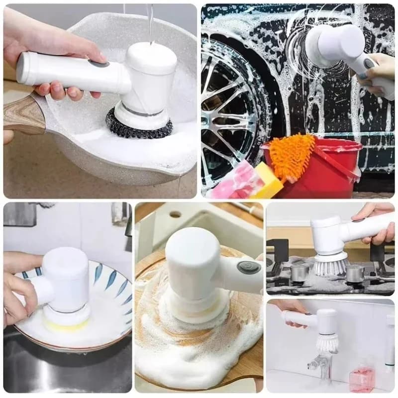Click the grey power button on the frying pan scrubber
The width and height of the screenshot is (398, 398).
(x=99, y=63)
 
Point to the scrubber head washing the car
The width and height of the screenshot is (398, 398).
(x=331, y=45)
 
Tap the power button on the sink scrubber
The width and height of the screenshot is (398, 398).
(x=248, y=268)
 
